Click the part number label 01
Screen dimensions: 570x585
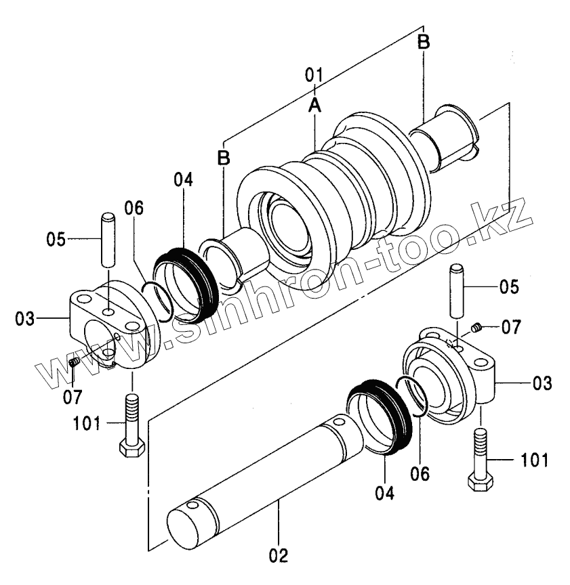coord(313,75)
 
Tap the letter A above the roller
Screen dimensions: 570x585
coord(315,105)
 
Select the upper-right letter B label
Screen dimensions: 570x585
coord(423,42)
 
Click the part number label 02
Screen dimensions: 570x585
coord(279,555)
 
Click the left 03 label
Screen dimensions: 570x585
coord(24,319)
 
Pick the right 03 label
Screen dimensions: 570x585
coord(542,383)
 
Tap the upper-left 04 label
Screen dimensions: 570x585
coord(184,179)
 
